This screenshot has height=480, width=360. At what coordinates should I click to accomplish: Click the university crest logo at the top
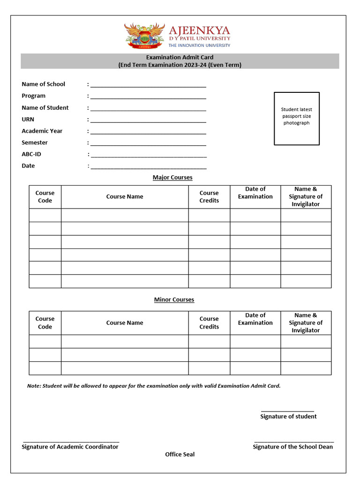click(x=144, y=36)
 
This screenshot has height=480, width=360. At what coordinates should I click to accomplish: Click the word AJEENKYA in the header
click(x=199, y=30)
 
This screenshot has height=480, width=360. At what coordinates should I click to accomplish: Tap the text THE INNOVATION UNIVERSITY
click(x=199, y=45)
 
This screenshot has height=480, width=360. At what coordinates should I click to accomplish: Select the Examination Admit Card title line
click(x=180, y=57)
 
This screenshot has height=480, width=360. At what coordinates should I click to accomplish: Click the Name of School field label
click(x=43, y=84)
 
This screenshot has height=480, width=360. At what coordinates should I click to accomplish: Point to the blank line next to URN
click(x=148, y=120)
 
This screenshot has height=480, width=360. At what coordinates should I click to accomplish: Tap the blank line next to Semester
click(x=148, y=143)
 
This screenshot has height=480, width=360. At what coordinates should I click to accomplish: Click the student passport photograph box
click(x=296, y=118)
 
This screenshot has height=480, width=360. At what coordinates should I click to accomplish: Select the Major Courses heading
click(x=172, y=177)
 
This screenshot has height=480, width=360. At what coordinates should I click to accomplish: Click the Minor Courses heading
click(x=174, y=300)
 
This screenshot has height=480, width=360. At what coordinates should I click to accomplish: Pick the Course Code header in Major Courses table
click(x=45, y=196)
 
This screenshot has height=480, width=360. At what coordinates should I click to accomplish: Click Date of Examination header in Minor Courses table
click(x=255, y=319)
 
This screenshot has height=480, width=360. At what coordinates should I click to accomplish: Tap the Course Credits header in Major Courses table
click(x=209, y=196)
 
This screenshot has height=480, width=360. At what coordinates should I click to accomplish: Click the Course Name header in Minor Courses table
click(x=125, y=322)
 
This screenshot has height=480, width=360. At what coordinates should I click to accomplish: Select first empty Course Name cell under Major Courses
click(x=125, y=215)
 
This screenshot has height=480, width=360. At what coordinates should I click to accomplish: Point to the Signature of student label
click(x=288, y=416)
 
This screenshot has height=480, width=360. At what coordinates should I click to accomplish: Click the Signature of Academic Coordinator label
click(x=70, y=447)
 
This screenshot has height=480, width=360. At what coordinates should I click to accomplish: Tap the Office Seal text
click(x=180, y=454)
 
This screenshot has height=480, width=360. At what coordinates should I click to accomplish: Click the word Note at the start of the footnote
click(x=34, y=386)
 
